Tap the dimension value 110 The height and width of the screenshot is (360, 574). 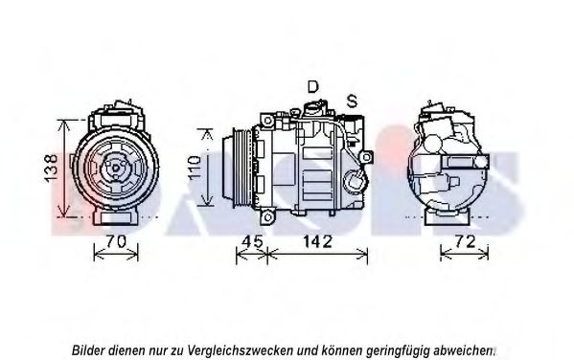point(195,169)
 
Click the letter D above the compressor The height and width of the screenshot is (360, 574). point(312,87)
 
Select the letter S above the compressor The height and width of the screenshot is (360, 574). point(352,100)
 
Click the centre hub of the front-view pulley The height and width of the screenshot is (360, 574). point(116,169)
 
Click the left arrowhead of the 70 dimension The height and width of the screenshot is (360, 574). point(96,254)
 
